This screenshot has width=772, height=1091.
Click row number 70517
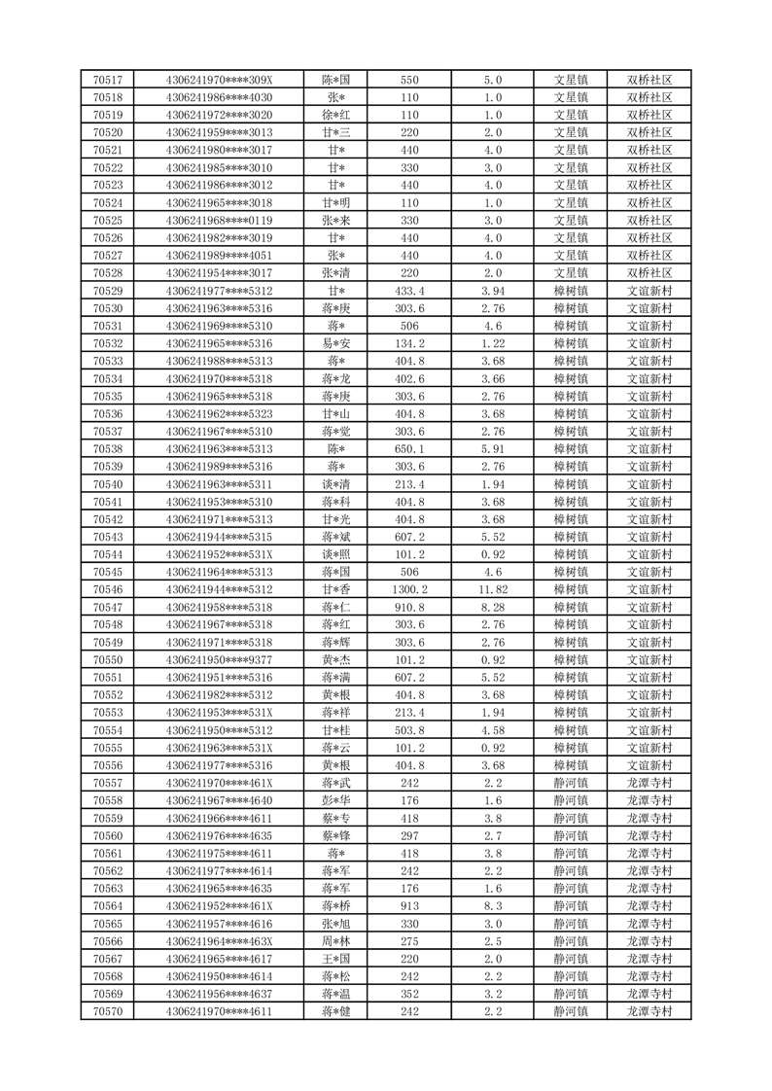coord(107,80)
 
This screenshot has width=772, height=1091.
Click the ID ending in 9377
coord(219,660)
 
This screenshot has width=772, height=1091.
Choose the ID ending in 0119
coord(219,221)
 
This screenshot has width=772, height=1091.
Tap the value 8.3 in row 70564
coord(492,906)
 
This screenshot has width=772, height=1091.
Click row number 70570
coord(107,1012)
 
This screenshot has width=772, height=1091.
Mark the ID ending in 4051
coord(219,256)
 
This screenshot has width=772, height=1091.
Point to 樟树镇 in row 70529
coord(571,291)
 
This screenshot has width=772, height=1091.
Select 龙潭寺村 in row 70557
coord(649,783)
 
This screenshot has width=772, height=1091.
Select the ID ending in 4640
coord(219,800)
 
